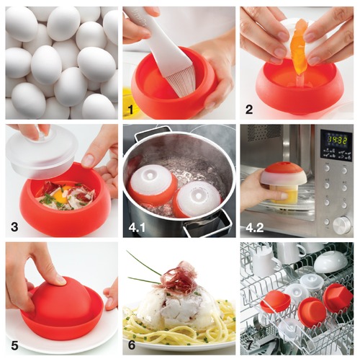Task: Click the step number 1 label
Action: pyautogui.click(x=131, y=110)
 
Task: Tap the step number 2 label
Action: pyautogui.click(x=249, y=110)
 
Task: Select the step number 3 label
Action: pyautogui.click(x=14, y=227)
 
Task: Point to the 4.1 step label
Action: pyautogui.click(x=137, y=228)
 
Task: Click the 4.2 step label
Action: pyautogui.click(x=255, y=228)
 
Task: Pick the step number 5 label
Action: pyautogui.click(x=14, y=345)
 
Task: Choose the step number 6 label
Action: pyautogui.click(x=132, y=345)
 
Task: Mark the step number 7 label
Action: pyautogui.click(x=250, y=345)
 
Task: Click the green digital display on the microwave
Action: pyautogui.click(x=336, y=140)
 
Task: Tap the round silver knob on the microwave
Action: pyautogui.click(x=341, y=223)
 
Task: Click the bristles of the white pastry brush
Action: pyautogui.click(x=177, y=84)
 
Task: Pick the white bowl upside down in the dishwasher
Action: pyautogui.click(x=330, y=262)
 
